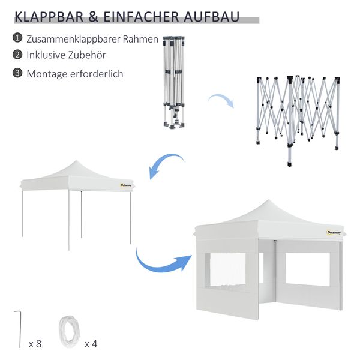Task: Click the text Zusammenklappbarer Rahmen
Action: (92, 39)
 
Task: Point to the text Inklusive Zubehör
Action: (67, 55)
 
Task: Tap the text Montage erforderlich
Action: (74, 74)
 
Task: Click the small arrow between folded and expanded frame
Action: (220, 100)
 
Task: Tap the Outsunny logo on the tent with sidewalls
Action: (333, 232)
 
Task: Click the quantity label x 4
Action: (91, 344)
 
